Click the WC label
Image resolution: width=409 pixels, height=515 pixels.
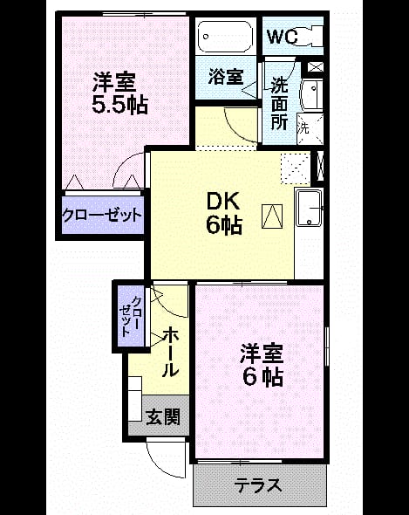[283, 37]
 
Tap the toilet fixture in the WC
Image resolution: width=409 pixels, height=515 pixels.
[311, 37]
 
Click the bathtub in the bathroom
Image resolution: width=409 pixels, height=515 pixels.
[225, 36]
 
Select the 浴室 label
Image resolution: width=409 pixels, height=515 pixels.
[226, 77]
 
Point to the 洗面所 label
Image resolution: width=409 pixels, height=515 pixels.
[279, 104]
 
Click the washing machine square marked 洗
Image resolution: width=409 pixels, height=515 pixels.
[310, 129]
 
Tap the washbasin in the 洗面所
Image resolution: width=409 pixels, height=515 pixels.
[312, 95]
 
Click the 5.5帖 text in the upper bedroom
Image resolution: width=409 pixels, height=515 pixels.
[119, 105]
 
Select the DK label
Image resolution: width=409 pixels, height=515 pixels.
[223, 202]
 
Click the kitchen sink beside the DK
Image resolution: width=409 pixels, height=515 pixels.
[309, 209]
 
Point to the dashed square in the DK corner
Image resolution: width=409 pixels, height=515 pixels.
[296, 168]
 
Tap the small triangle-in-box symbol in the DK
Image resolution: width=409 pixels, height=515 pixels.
[272, 216]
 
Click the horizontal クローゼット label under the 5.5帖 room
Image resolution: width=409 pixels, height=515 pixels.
[102, 216]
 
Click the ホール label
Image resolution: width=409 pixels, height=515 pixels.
[171, 352]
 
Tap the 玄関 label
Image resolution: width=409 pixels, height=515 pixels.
[163, 417]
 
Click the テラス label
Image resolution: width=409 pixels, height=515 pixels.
[258, 484]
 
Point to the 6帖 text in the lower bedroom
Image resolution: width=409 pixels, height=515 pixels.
[263, 377]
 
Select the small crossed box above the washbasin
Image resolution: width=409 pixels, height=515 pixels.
[316, 67]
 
